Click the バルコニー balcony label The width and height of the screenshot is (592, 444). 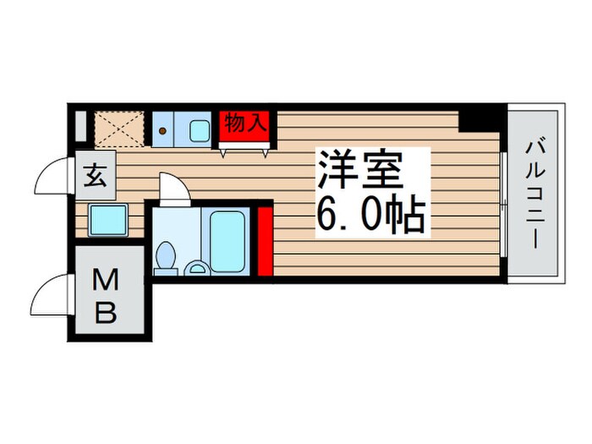coord(534,193)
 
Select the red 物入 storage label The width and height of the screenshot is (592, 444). coord(245,123)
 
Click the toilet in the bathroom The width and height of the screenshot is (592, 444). coord(167,257)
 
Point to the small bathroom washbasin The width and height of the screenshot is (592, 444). coord(199,269)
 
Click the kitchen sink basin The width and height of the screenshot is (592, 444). coord(200,131)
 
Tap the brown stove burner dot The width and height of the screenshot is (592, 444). coord(162,131)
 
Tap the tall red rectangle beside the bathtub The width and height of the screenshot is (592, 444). coord(264,243)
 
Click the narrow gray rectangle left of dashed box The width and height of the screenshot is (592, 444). coord(80,127)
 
